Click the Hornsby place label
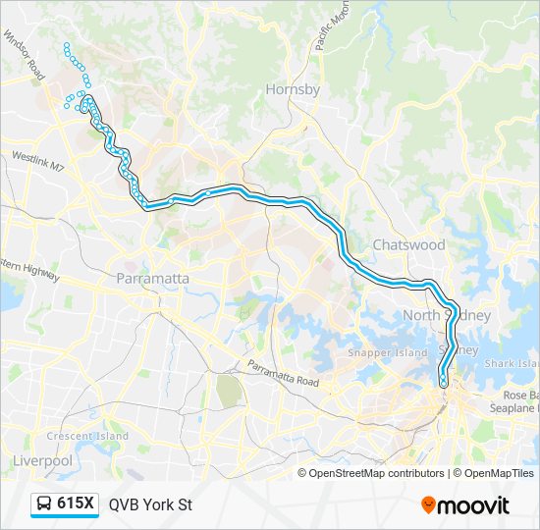coord(293,89)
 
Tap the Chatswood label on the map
coord(408,244)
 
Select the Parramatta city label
coord(152,279)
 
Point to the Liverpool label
coord(42,459)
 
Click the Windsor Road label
coord(25,55)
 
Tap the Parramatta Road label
coord(283,374)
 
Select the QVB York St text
coord(150,505)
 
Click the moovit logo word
coord(474,505)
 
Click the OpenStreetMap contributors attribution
coord(376,473)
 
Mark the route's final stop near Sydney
coord(444,382)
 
